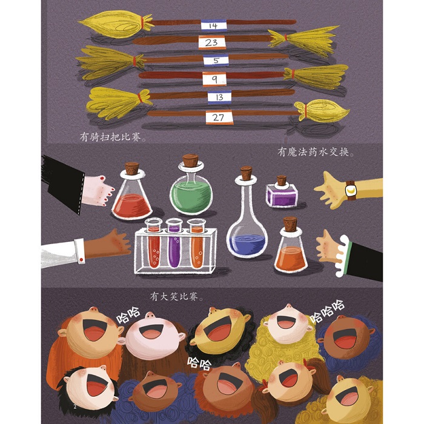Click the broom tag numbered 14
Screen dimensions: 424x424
coord(214,25)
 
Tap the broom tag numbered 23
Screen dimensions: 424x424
coord(212,42)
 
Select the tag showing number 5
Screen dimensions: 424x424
coord(216,60)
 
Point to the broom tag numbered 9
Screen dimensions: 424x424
coord(214,79)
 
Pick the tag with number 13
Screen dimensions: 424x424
coord(219,97)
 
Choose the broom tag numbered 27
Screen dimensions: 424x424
coord(219,118)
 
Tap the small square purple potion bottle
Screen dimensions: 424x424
coord(282,191)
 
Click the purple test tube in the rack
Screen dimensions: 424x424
coord(174,243)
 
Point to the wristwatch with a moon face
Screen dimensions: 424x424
coord(351,191)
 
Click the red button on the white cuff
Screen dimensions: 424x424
coord(81,260)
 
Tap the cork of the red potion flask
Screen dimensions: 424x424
coord(132,168)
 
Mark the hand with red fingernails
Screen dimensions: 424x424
coord(98,191)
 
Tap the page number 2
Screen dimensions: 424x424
coord(75,406)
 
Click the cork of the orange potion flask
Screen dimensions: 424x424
coord(290,224)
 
